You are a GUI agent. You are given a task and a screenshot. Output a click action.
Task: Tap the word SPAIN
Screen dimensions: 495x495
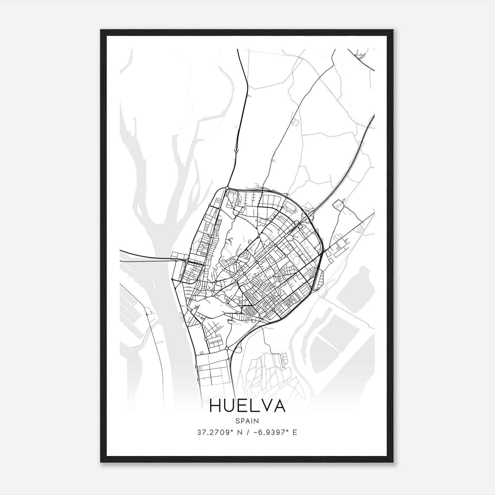click(247, 421)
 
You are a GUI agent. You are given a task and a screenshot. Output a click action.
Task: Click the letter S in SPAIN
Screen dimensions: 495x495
click(237, 421)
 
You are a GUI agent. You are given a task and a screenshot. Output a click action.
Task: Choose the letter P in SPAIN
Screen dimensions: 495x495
click(242, 421)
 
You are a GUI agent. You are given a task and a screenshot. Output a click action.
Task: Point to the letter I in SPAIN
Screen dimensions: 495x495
click(252, 421)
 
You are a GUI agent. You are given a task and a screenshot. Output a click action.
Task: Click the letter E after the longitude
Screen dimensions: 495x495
click(295, 433)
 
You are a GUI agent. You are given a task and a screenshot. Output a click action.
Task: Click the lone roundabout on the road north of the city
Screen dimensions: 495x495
click(237, 151)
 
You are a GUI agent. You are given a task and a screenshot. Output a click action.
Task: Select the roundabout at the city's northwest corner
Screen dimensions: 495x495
click(227, 188)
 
